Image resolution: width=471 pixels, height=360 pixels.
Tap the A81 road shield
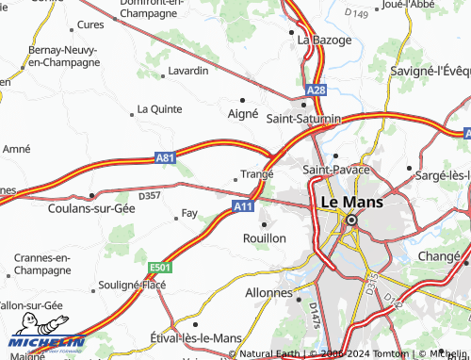(x=166, y=159)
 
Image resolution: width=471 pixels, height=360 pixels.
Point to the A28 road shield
(x=317, y=90)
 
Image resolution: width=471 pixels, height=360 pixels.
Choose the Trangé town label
(x=256, y=173)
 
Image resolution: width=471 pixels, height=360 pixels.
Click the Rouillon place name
(x=265, y=238)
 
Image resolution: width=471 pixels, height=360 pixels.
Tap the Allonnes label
(x=269, y=293)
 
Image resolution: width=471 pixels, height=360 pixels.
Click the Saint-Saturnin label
(x=303, y=119)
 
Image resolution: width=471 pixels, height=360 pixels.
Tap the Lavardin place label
(x=187, y=71)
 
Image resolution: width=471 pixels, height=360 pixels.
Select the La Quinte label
(x=159, y=108)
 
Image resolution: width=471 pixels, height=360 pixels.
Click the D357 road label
(x=150, y=195)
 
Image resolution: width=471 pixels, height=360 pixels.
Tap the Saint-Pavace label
(x=336, y=170)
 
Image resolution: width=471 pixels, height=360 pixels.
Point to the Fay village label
(x=188, y=214)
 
